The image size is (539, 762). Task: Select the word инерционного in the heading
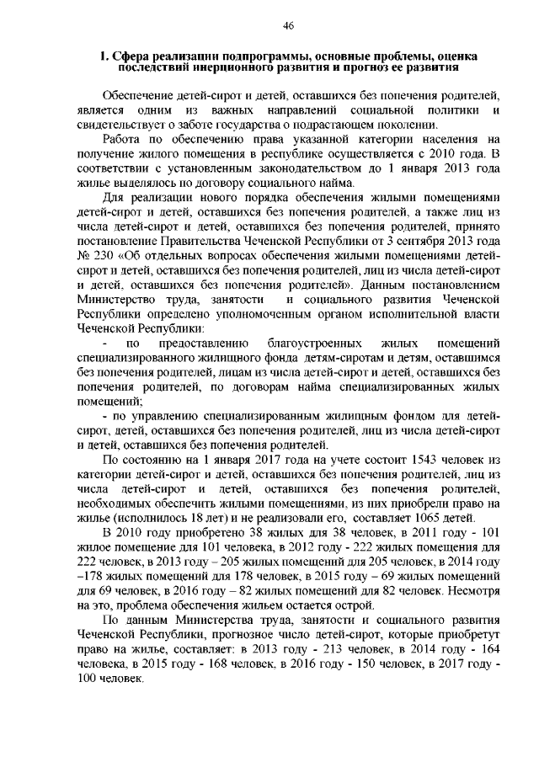[x=243, y=67]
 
